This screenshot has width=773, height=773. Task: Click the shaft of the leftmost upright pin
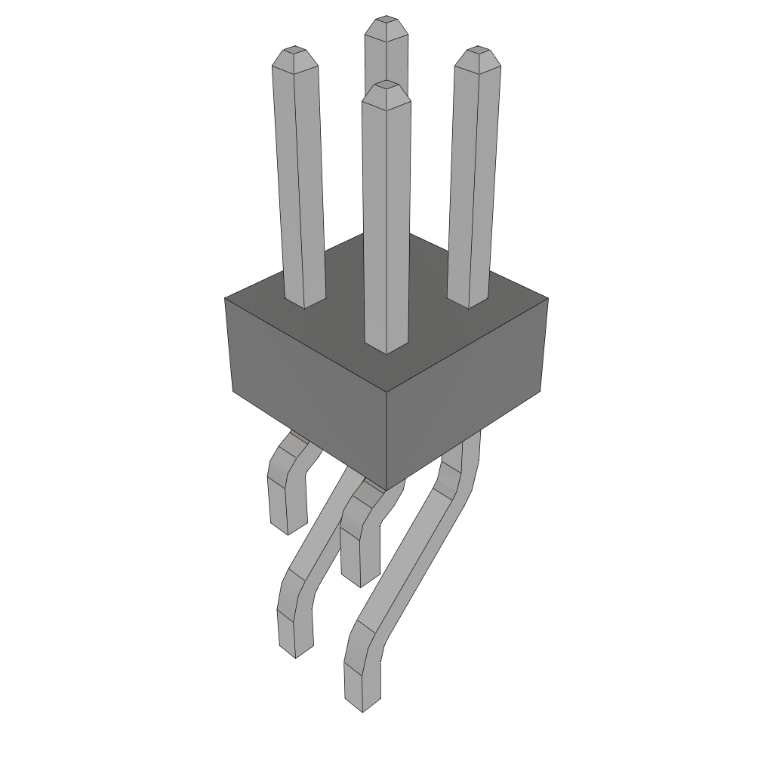tap(300, 181)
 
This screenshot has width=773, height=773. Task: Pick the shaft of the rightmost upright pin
tap(473, 181)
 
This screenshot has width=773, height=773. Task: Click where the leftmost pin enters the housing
tap(305, 303)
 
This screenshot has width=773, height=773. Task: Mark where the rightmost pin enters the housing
tap(468, 303)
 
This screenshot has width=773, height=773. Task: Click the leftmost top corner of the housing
tap(226, 299)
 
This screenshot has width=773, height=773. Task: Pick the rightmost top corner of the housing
tap(547, 299)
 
